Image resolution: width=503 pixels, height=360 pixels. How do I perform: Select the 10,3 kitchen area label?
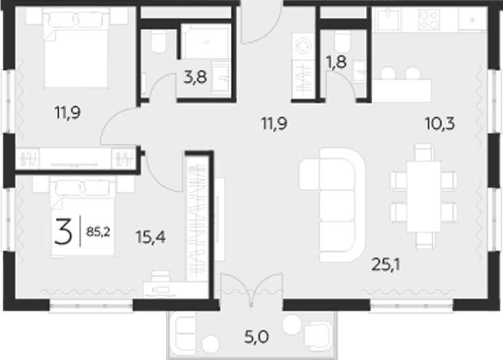(440, 125)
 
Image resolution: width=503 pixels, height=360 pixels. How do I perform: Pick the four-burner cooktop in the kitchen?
(429, 20)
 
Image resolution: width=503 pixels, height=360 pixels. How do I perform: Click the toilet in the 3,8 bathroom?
(157, 43)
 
